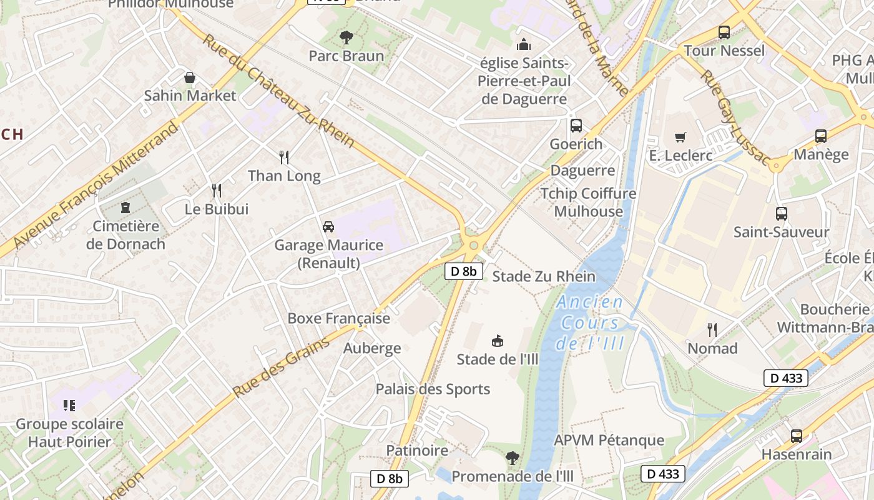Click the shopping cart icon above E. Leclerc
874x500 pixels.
[x=680, y=137]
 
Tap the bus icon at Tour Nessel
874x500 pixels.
[x=724, y=32]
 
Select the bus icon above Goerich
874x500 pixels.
[x=576, y=126]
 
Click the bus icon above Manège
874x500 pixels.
[x=821, y=136]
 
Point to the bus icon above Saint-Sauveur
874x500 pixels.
[x=781, y=214]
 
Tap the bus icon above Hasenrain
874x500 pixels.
[x=796, y=436]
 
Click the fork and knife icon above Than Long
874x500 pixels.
[x=284, y=157]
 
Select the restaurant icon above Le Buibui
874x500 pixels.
[x=217, y=190]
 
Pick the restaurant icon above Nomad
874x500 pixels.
[x=712, y=329]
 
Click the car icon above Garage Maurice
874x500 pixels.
[x=328, y=226]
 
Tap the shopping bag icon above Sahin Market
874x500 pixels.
[x=190, y=77]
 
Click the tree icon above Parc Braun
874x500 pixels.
[x=346, y=37]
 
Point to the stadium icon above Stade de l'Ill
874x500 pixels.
[x=498, y=341]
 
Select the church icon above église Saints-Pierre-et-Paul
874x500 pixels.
[x=523, y=44]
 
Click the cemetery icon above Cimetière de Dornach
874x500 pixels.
[x=126, y=207]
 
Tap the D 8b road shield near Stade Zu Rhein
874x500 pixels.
[x=464, y=271]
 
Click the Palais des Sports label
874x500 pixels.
[x=433, y=389]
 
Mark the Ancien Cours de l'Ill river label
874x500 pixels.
[x=591, y=322]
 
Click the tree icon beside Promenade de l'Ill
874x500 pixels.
[x=512, y=458]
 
